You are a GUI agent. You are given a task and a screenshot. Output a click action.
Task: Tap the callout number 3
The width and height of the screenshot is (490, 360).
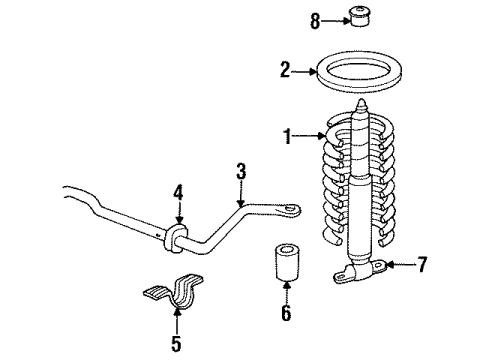240,173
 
